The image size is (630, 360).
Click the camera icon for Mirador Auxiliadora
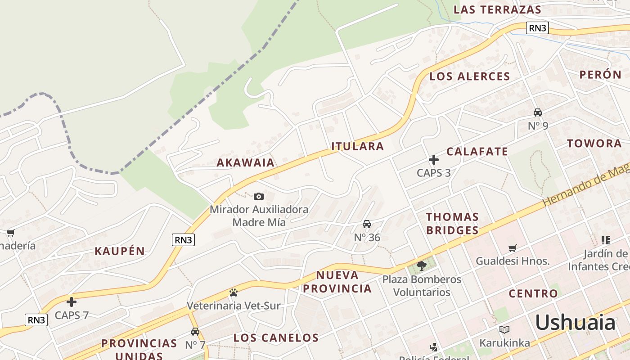(258, 196)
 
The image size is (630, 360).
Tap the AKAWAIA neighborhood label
(246, 162)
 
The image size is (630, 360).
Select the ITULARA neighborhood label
(358, 146)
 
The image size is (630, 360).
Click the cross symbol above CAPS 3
(434, 160)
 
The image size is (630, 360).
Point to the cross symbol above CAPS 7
(72, 302)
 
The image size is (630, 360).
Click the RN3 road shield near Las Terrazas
(537, 28)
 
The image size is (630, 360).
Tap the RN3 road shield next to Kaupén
(183, 240)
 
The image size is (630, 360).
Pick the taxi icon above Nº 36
(367, 224)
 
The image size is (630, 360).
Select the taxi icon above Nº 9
(538, 112)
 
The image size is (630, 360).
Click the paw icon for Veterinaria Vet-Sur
(233, 292)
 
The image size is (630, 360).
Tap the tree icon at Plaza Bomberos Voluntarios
(422, 266)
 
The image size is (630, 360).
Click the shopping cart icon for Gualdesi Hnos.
(512, 248)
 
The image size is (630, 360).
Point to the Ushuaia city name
(575, 323)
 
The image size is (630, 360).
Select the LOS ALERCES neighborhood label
(470, 76)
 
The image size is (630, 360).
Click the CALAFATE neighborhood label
(477, 152)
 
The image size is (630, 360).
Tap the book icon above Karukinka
(504, 330)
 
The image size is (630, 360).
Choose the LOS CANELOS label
(276, 337)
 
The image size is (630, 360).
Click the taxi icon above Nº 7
(195, 332)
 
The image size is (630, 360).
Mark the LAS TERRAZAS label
(497, 9)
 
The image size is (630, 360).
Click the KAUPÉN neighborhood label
(120, 252)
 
